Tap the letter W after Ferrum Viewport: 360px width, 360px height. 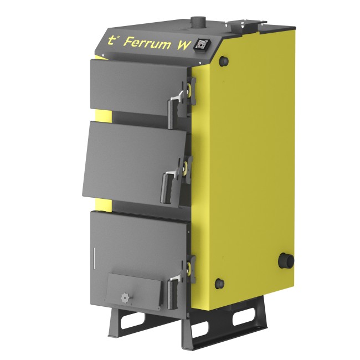click(x=183, y=44)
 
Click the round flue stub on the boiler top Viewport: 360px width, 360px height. click(x=196, y=22)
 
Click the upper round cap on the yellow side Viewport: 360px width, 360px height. click(x=224, y=60)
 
